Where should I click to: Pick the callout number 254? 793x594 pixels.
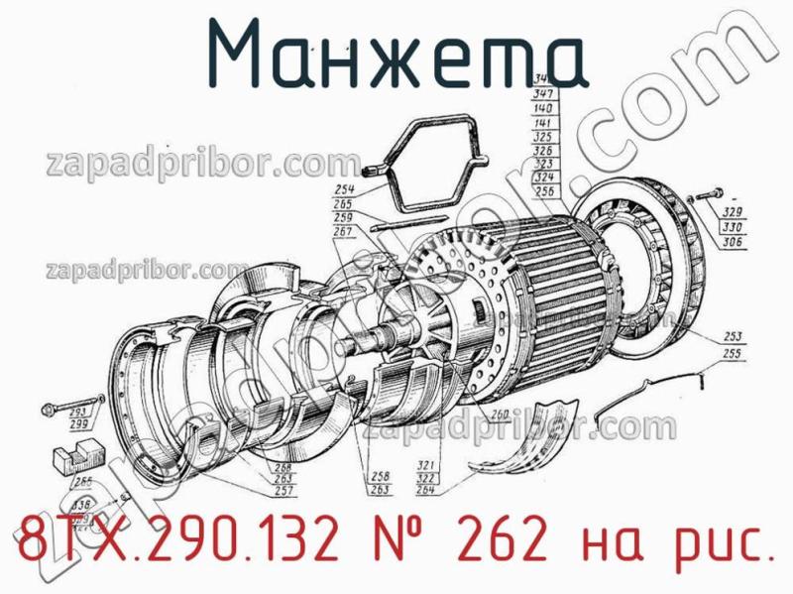click(344, 189)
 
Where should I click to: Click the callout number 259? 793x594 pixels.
click(344, 217)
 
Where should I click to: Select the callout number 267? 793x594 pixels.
click(344, 231)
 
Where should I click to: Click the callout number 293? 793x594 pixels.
click(78, 413)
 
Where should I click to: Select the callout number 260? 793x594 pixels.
click(500, 416)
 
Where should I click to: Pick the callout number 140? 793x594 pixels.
click(542, 106)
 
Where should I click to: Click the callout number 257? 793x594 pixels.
click(283, 491)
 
